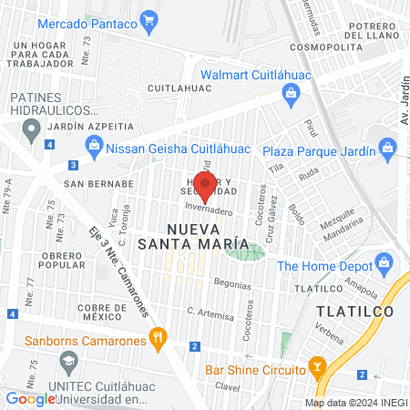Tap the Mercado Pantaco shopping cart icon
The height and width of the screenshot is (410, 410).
click(149, 20)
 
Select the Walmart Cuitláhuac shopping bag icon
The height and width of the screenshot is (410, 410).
click(290, 91)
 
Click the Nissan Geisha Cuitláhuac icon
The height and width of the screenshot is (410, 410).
click(93, 143)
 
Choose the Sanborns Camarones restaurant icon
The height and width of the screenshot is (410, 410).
click(159, 339)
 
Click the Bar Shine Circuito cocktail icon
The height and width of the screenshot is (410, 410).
click(317, 368)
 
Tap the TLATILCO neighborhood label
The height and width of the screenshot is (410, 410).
click(354, 311)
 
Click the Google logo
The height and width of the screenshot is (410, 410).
click(30, 398)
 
